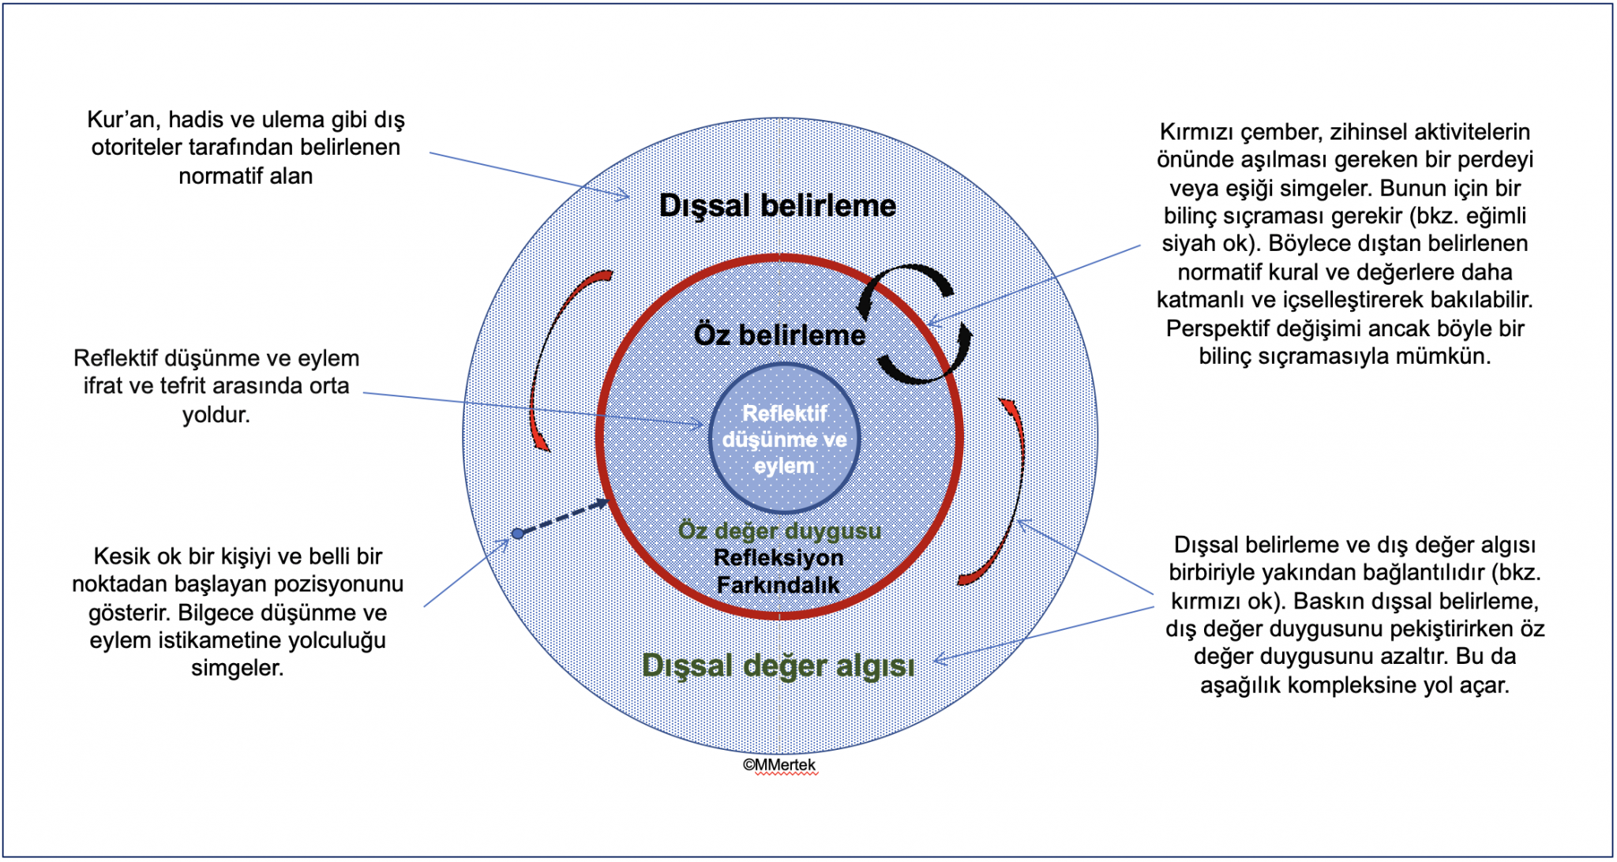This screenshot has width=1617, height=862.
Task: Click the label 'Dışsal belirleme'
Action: [x=778, y=206]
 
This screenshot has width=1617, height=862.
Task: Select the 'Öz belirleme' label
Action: [x=779, y=335]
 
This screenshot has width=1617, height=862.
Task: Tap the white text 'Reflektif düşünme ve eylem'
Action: [x=784, y=439]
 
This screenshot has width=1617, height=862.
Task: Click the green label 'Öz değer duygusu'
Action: [x=779, y=530]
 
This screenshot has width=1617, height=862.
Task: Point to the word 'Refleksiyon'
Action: [x=778, y=557]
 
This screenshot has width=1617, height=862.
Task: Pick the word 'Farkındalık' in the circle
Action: [x=778, y=585]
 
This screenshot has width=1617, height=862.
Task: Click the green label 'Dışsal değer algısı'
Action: [x=778, y=665]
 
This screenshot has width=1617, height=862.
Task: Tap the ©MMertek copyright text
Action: [x=779, y=765]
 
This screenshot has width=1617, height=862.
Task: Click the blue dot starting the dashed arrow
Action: [x=517, y=534]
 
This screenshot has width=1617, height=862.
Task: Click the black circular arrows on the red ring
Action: [x=916, y=324]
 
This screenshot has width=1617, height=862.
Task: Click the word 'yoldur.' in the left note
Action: [x=216, y=414]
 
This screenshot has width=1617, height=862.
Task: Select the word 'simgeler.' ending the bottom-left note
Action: [x=238, y=668]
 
